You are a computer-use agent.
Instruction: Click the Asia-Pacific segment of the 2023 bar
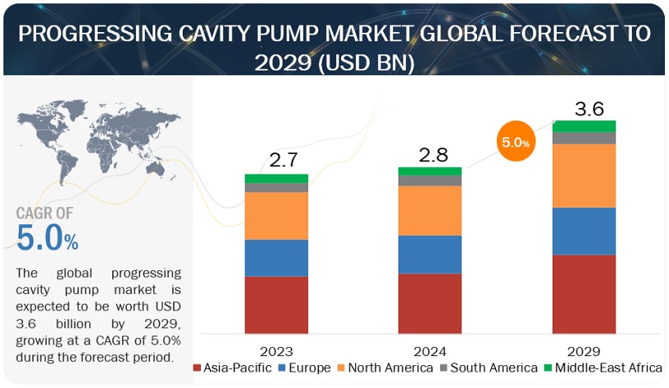point(276,305)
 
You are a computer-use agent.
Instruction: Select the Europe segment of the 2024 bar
point(430,254)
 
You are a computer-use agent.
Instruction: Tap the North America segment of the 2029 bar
point(584,175)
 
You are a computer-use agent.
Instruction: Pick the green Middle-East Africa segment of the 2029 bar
point(584,126)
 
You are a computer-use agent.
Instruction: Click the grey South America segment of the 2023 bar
point(276,187)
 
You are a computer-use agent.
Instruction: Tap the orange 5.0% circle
point(515,142)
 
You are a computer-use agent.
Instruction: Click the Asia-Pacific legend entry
point(232,368)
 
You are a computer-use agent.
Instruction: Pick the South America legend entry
point(483,368)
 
